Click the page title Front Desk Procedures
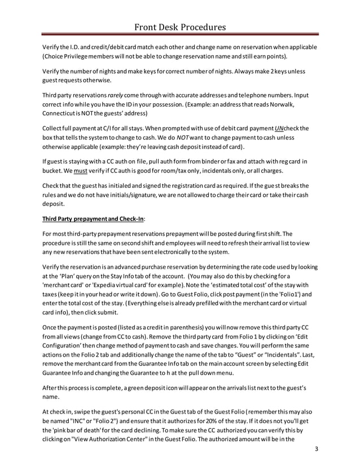point(180,27)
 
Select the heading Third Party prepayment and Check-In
point(94,219)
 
